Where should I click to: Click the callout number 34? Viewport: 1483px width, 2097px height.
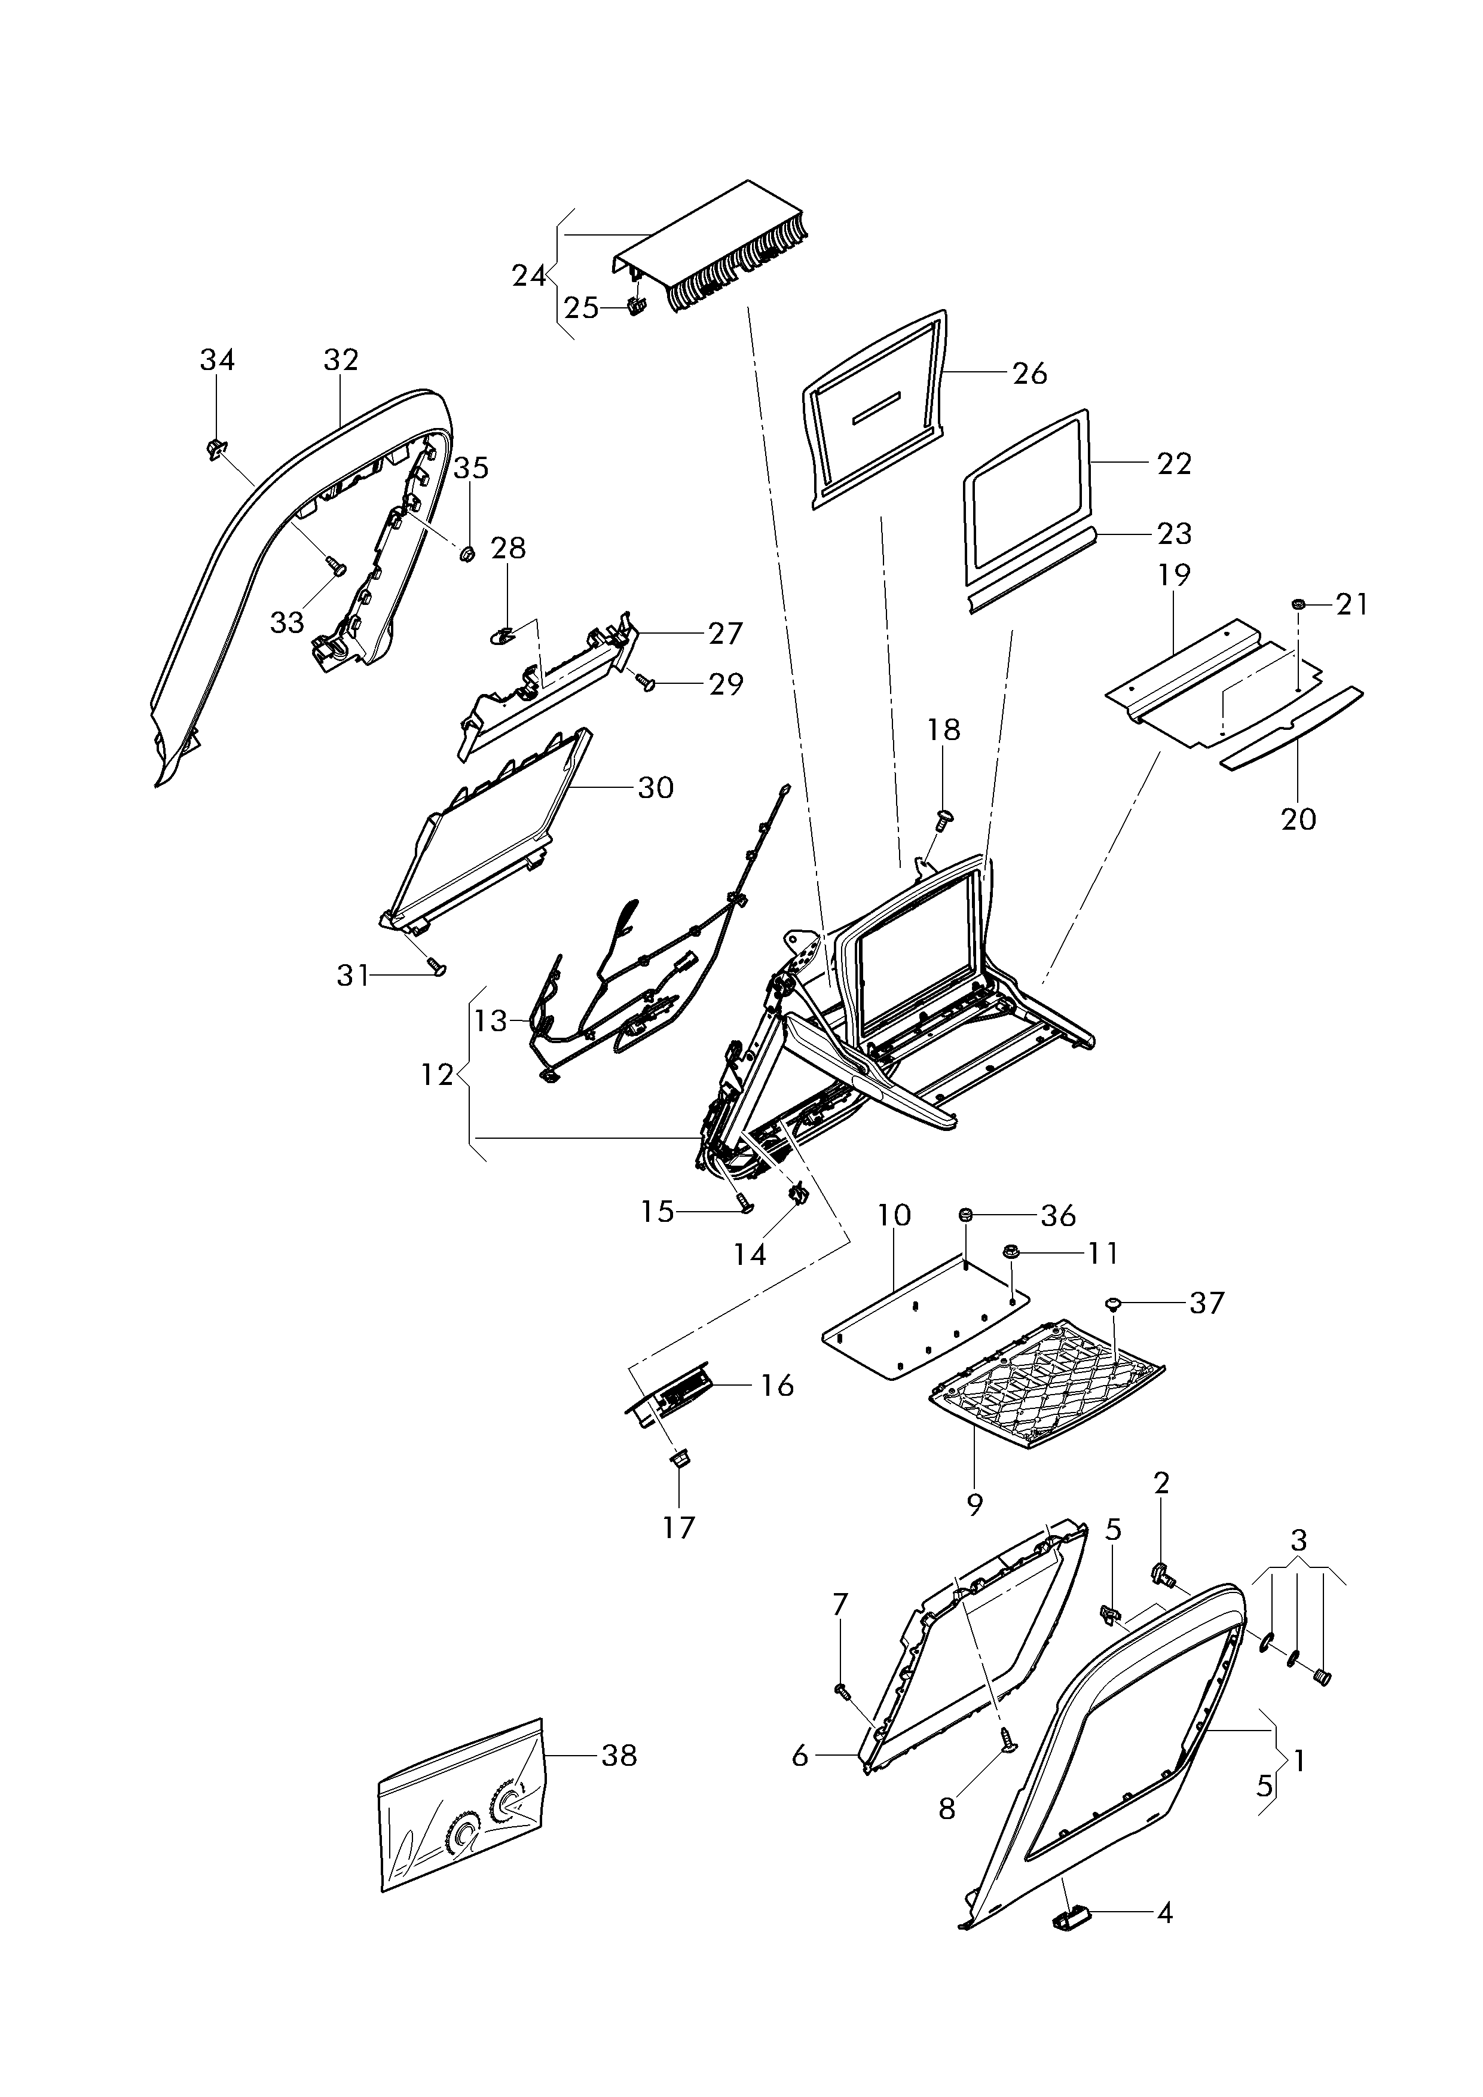[x=218, y=361]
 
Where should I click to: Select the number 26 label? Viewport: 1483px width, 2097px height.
[x=1030, y=374]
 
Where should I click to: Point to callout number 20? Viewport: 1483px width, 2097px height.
[x=1298, y=820]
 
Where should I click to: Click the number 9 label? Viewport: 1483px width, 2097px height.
[x=974, y=1505]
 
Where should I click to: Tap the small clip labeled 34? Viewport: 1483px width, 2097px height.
[x=216, y=448]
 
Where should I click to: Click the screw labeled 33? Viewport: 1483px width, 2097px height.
[x=335, y=567]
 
